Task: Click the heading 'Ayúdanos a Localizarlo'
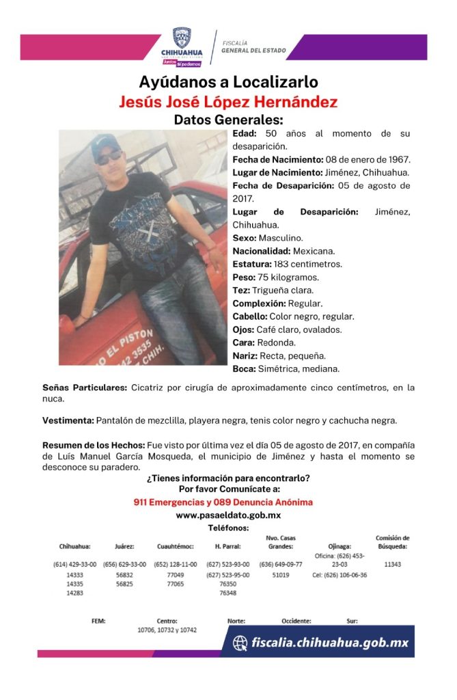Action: pyautogui.click(x=228, y=82)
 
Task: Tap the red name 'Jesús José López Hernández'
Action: pyautogui.click(x=228, y=102)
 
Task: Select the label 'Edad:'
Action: pyautogui.click(x=246, y=133)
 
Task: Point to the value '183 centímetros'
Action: pyautogui.click(x=315, y=264)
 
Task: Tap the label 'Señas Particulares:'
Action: pyautogui.click(x=85, y=388)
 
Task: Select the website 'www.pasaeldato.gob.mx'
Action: pyautogui.click(x=228, y=515)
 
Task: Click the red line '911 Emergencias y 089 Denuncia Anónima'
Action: pyautogui.click(x=223, y=502)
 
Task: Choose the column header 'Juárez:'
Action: pyautogui.click(x=124, y=547)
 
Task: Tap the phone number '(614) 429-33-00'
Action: pyautogui.click(x=75, y=565)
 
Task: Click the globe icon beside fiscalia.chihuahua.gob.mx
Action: pyautogui.click(x=240, y=643)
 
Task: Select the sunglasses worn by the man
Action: pyautogui.click(x=109, y=159)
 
